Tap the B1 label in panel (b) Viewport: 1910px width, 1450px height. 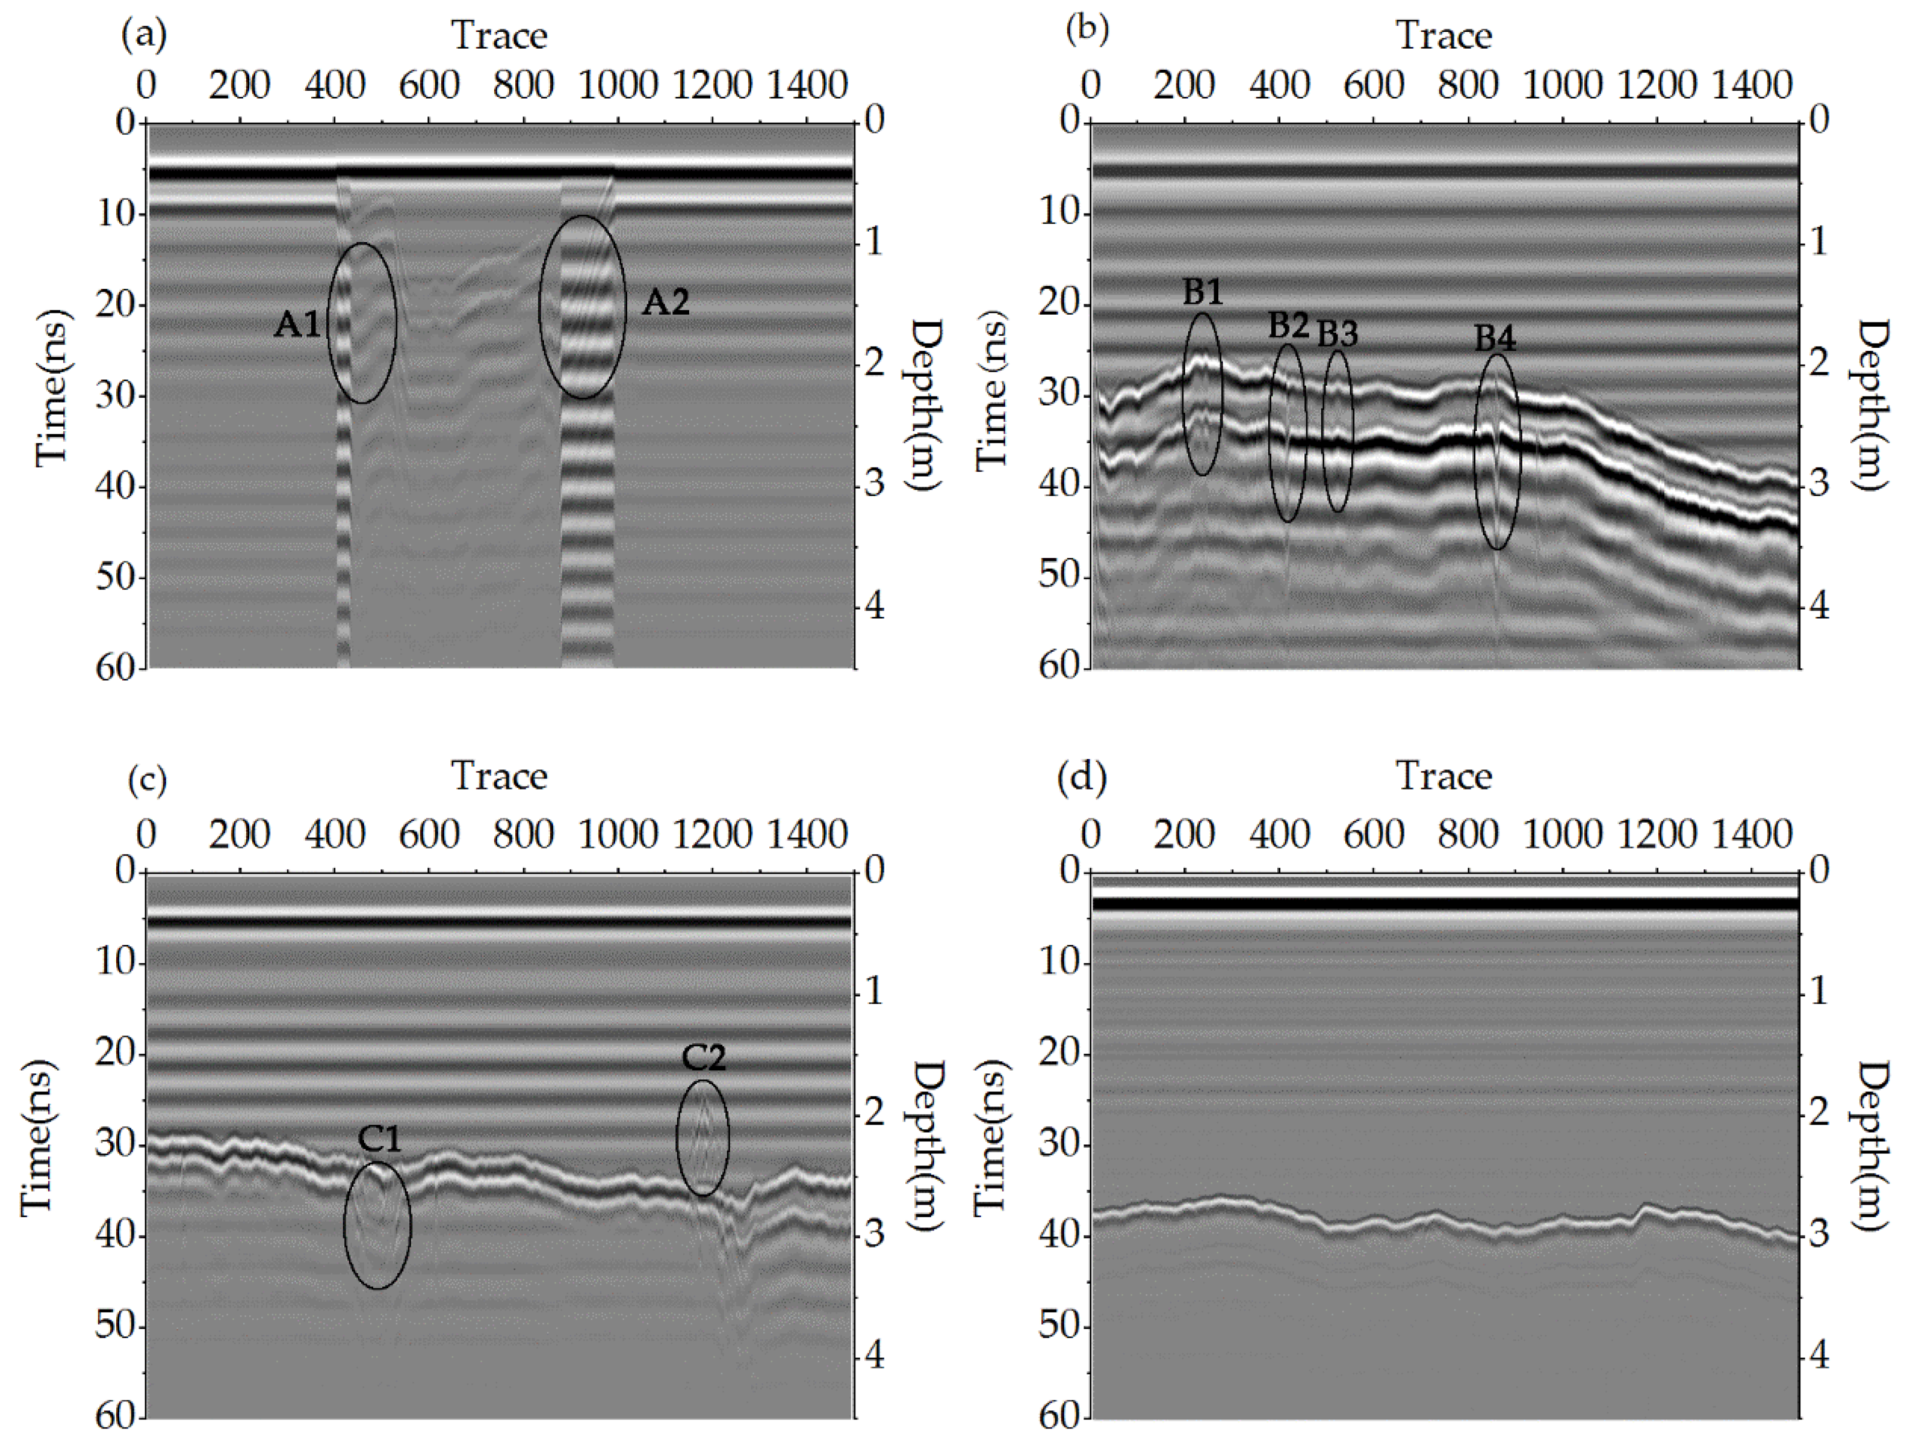pos(1203,293)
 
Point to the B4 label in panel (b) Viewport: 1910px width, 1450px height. pos(1495,338)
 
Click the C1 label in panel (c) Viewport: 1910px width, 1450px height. pos(380,1140)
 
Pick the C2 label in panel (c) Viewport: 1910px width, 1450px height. pos(704,1058)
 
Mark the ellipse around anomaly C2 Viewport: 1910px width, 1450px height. pos(703,1138)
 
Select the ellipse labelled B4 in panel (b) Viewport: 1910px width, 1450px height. pos(1496,451)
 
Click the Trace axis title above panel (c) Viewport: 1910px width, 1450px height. pos(499,775)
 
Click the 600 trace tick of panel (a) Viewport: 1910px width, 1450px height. pos(429,85)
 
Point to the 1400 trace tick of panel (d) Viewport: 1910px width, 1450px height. pos(1751,835)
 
